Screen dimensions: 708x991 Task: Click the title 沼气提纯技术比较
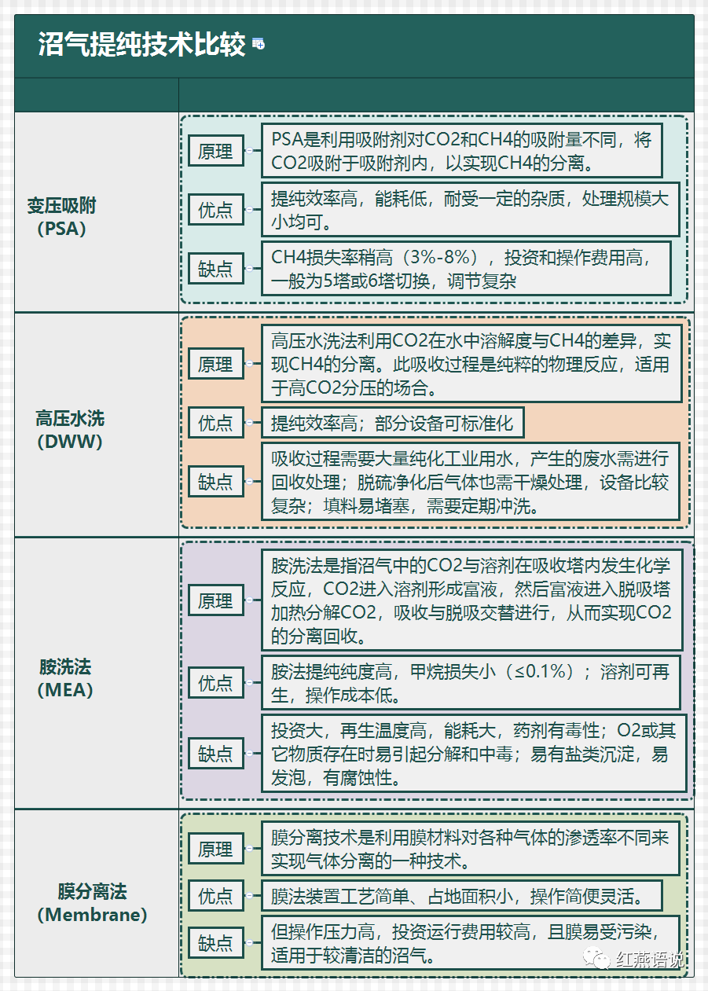pyautogui.click(x=141, y=44)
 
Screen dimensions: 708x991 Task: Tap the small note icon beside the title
pyautogui.click(x=259, y=44)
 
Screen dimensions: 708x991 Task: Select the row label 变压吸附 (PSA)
pyautogui.click(x=62, y=217)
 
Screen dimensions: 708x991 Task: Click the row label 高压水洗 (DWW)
pyautogui.click(x=70, y=430)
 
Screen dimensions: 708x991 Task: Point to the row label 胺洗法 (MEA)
pyautogui.click(x=65, y=677)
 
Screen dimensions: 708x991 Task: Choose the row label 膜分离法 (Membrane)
pyautogui.click(x=92, y=903)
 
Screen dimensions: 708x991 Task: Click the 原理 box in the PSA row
pyautogui.click(x=216, y=151)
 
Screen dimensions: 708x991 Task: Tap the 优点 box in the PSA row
pyautogui.click(x=216, y=209)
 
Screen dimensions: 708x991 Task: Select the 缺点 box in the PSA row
pyautogui.click(x=216, y=268)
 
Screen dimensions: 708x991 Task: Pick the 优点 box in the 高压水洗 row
pyautogui.click(x=216, y=423)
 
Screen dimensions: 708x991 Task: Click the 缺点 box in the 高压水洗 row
pyautogui.click(x=216, y=481)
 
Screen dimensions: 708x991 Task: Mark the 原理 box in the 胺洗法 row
pyautogui.click(x=216, y=600)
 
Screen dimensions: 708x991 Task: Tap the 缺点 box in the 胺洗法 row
pyautogui.click(x=216, y=753)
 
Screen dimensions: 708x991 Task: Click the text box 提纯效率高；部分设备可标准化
pyautogui.click(x=393, y=423)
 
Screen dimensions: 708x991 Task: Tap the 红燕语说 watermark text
pyautogui.click(x=650, y=960)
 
